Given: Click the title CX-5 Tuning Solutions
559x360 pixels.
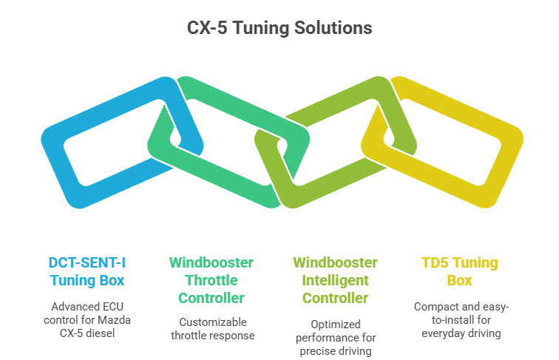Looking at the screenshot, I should click(279, 29).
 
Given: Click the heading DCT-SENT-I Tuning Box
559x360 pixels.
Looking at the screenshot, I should click(87, 271).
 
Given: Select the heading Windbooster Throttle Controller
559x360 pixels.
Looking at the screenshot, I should click(211, 280).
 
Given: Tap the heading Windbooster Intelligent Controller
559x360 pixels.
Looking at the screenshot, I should click(335, 280).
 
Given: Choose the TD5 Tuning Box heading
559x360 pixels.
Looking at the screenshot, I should click(459, 271).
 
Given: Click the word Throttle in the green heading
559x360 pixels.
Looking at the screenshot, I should click(211, 280).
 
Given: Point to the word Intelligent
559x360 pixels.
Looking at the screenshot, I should click(335, 280).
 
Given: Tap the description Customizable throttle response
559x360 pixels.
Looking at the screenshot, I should click(211, 328).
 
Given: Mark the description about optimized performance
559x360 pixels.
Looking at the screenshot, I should click(335, 337).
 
